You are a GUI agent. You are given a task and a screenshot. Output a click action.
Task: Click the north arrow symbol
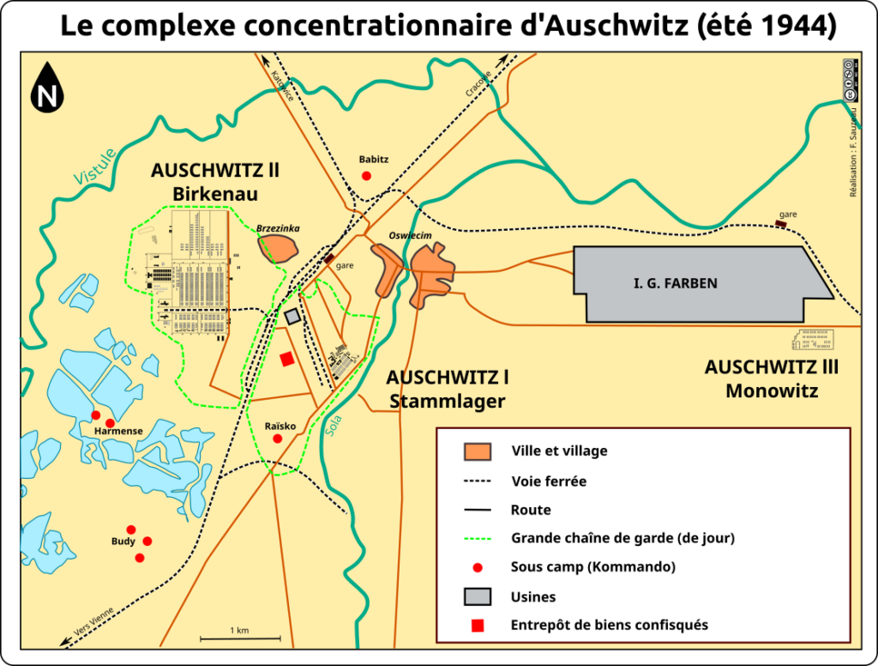coord(47,88)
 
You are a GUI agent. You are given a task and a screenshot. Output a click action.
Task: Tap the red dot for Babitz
coord(367,176)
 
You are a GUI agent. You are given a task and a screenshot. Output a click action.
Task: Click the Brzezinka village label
coord(277,229)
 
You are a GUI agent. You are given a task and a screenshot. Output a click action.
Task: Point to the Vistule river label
coord(94,166)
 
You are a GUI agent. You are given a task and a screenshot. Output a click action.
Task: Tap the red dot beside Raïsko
coord(277,439)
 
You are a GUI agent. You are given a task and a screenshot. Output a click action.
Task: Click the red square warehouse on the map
coord(287,360)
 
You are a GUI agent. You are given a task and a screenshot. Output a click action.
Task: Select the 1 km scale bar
coord(240,638)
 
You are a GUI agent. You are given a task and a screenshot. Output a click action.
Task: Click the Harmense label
coord(118,430)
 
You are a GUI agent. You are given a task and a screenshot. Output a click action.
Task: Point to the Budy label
coord(123,542)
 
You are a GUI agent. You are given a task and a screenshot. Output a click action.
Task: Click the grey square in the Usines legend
coord(478,596)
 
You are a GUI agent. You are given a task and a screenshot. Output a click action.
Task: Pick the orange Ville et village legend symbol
coord(478,451)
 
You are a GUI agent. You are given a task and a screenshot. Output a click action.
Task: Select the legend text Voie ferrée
coord(549,481)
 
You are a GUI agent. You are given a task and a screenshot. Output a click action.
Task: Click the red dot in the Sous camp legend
coord(478,567)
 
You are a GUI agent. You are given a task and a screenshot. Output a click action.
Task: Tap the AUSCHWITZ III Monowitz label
coord(772,378)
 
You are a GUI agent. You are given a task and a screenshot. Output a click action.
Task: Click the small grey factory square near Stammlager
coord(292,318)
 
